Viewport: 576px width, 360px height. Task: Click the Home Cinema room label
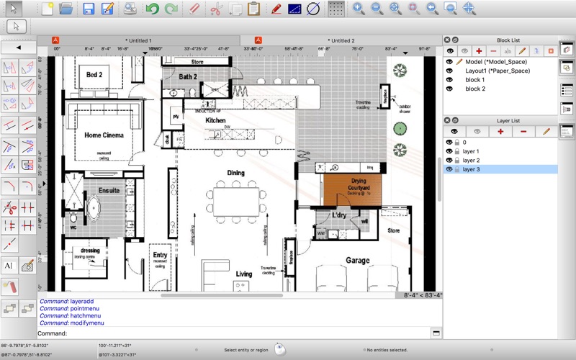pos(104,135)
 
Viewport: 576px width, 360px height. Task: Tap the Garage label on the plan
pos(357,261)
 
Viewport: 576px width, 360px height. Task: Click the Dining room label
pos(235,173)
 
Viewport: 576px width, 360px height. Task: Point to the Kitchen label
pos(215,121)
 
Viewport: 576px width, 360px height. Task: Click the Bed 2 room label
pos(94,75)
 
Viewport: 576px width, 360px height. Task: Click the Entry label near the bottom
pos(160,256)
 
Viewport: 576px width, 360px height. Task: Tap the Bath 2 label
pos(188,77)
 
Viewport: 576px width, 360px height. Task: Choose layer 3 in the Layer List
pos(472,169)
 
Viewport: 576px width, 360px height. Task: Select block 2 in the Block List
pos(475,89)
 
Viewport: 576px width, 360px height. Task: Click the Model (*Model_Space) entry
pos(496,62)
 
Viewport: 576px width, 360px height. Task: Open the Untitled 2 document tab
pos(341,41)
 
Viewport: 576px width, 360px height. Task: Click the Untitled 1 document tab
pos(138,41)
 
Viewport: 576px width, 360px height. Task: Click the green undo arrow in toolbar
pos(152,9)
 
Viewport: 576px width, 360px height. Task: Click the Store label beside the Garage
pos(393,231)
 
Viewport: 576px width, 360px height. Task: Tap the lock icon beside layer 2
pos(457,161)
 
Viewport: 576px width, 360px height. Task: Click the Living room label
pos(244,274)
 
